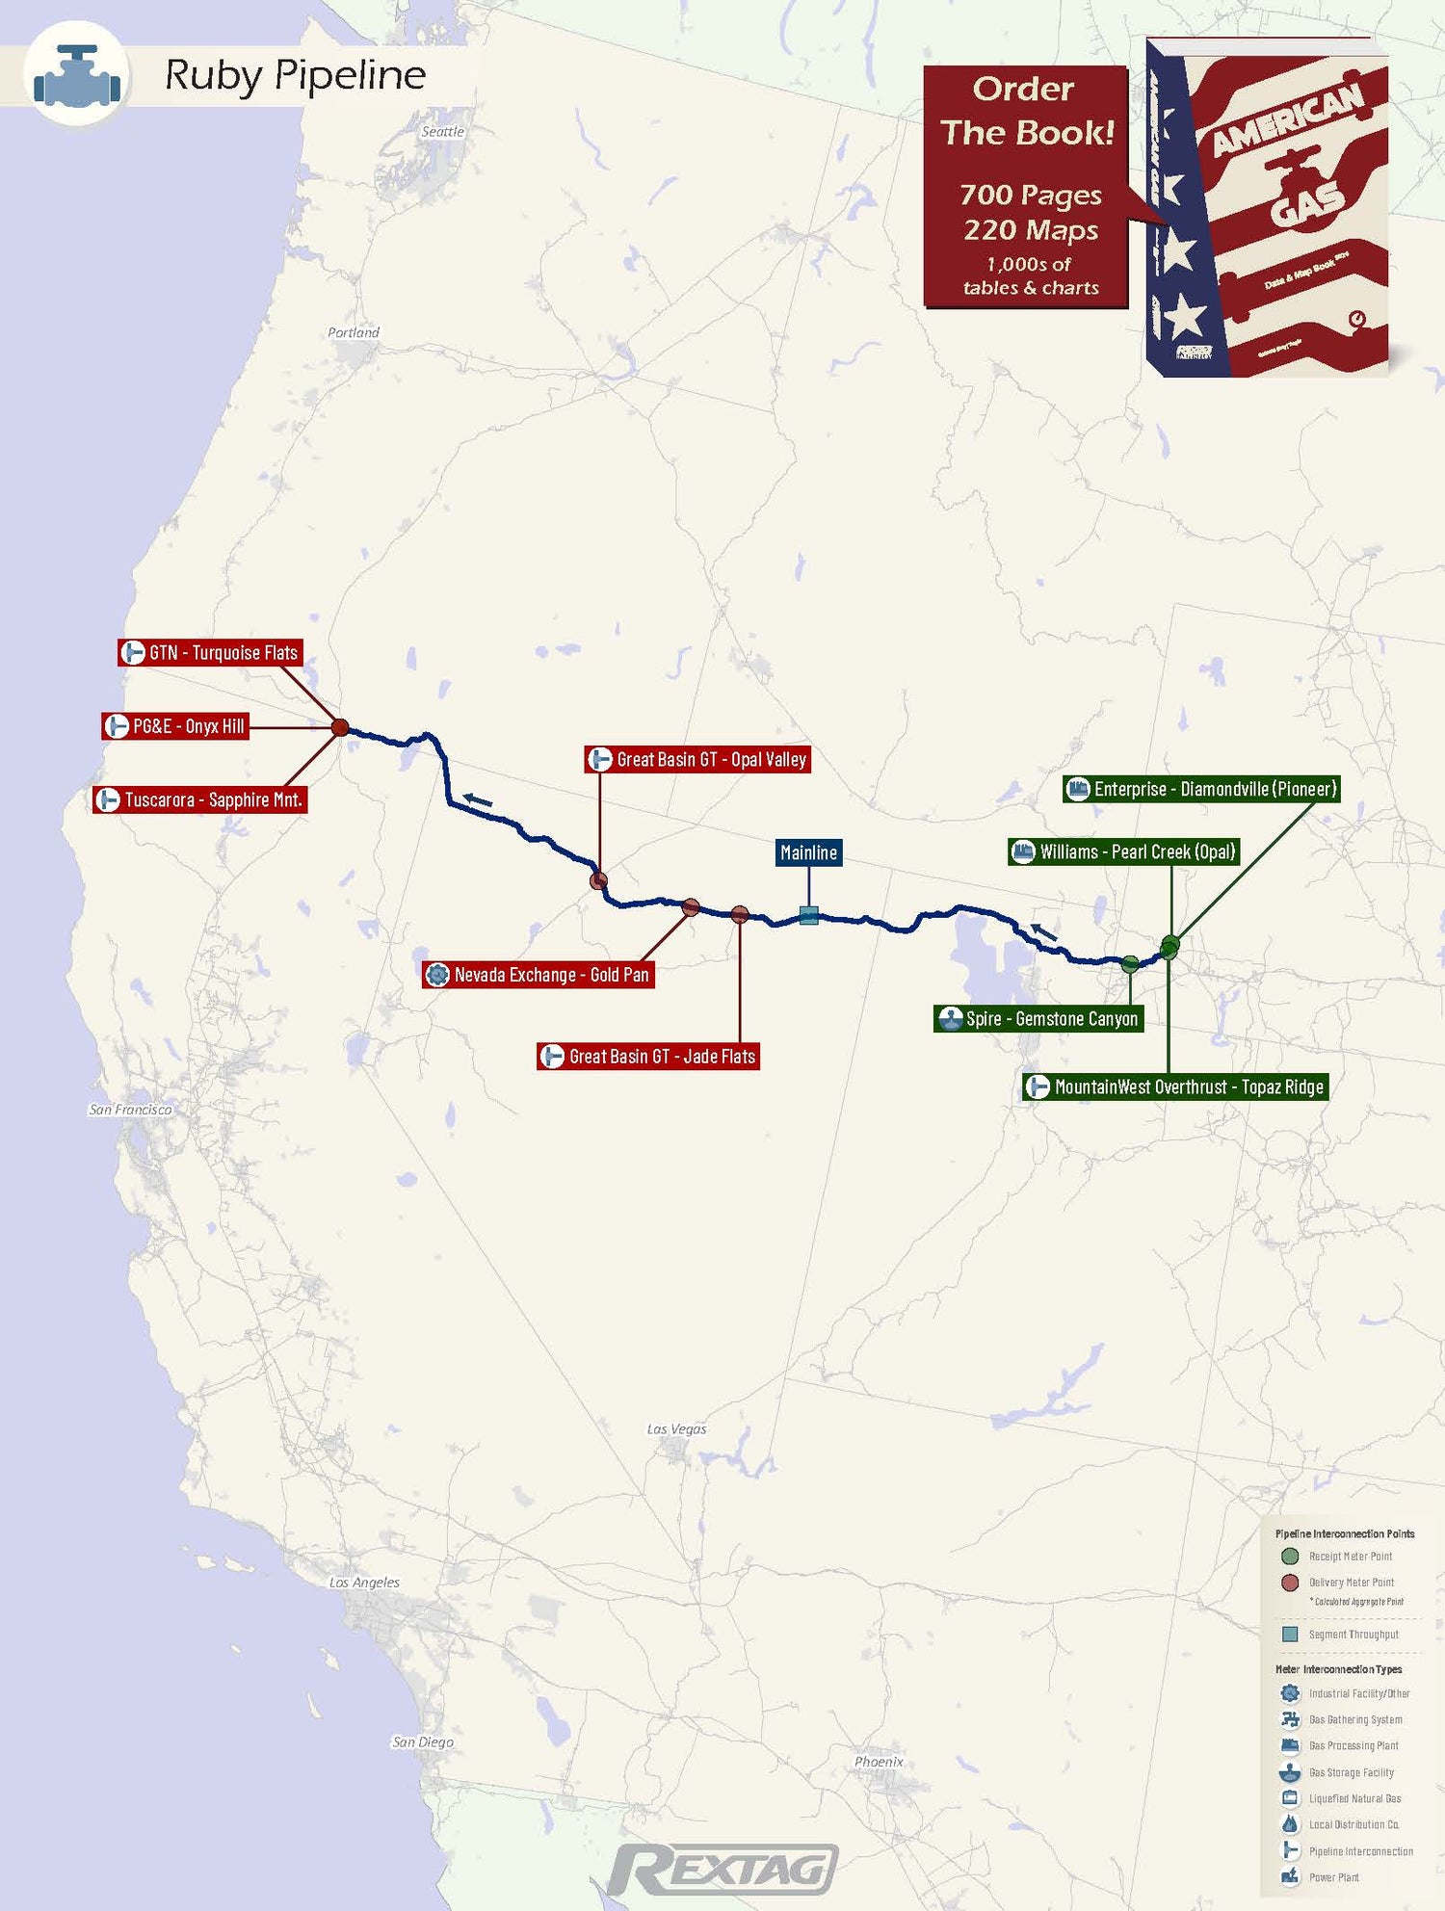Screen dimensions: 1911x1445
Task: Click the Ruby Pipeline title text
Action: tap(295, 75)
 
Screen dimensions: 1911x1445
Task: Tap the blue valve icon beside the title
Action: tap(77, 76)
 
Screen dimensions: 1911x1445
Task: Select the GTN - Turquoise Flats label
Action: tap(211, 653)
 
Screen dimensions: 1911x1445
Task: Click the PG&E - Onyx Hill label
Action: tap(176, 726)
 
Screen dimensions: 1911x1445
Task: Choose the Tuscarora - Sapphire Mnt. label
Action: tap(200, 799)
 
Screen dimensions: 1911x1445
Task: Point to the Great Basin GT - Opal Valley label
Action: tap(698, 760)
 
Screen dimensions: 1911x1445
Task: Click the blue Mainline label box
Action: tap(808, 852)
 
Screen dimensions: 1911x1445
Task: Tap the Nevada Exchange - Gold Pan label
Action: tap(539, 975)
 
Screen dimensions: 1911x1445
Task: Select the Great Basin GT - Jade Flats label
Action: tap(649, 1057)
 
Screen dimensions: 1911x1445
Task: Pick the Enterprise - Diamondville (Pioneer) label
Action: tap(1201, 789)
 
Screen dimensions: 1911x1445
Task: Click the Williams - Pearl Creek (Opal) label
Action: tap(1123, 851)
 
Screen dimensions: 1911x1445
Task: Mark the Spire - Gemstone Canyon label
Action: tap(1038, 1019)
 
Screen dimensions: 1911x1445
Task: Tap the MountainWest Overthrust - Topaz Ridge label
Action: tap(1175, 1087)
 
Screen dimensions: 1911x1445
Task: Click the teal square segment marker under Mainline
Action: tap(809, 915)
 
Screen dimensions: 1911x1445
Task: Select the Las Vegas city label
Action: tap(676, 1429)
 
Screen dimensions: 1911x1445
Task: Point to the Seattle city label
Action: tap(442, 132)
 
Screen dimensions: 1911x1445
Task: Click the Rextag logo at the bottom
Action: tap(722, 1871)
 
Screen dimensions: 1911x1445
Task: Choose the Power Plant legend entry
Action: tap(1333, 1877)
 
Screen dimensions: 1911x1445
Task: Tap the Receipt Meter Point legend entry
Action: tap(1350, 1557)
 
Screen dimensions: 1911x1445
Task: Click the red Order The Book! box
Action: tap(1026, 187)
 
